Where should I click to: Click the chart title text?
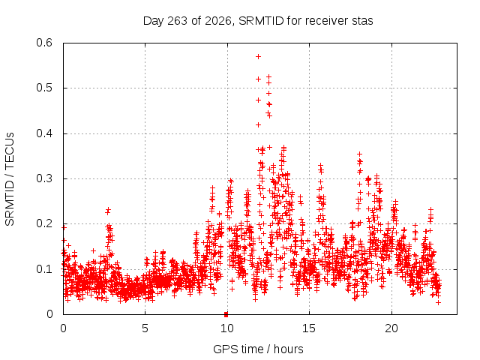click(258, 21)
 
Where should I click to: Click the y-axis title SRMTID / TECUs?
click(10, 179)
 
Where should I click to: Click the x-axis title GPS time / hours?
click(258, 349)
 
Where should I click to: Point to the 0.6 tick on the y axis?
click(44, 43)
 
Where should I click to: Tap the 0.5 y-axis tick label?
click(44, 88)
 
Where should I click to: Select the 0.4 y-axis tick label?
click(44, 133)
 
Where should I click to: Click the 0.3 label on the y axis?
click(44, 178)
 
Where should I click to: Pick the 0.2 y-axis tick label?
click(44, 223)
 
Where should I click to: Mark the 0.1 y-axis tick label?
click(44, 269)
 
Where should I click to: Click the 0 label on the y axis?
click(49, 313)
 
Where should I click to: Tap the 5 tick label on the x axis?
click(145, 328)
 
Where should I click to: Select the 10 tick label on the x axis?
click(226, 328)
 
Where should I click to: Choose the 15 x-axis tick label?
click(309, 328)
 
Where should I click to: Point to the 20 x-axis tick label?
click(391, 328)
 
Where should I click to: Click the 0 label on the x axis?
click(63, 328)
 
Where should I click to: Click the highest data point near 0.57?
click(258, 57)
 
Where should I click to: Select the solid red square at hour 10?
click(226, 314)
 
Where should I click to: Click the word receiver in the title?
click(325, 21)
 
